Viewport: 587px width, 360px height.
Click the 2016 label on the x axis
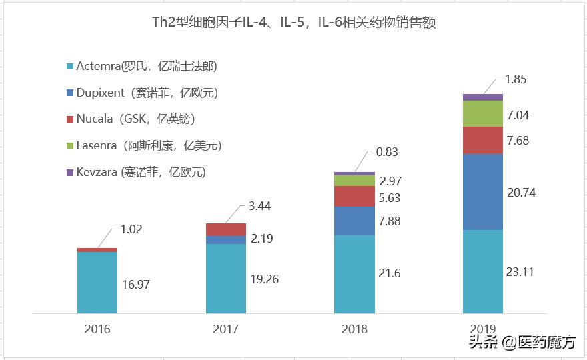(x=97, y=329)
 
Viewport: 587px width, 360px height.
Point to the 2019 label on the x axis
(x=483, y=329)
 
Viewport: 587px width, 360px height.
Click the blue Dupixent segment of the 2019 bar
(x=483, y=192)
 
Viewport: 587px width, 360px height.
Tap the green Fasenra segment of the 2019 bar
(x=483, y=113)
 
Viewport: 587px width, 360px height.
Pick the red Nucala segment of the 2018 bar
(x=354, y=196)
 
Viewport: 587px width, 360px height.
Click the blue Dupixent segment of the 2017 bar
(x=225, y=240)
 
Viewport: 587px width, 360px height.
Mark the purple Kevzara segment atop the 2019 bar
(x=483, y=97)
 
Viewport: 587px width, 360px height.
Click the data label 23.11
(x=520, y=271)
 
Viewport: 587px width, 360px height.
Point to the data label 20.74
(x=520, y=192)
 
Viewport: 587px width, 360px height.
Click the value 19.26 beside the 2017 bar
(x=264, y=279)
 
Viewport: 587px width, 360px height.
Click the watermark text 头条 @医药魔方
(x=522, y=343)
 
